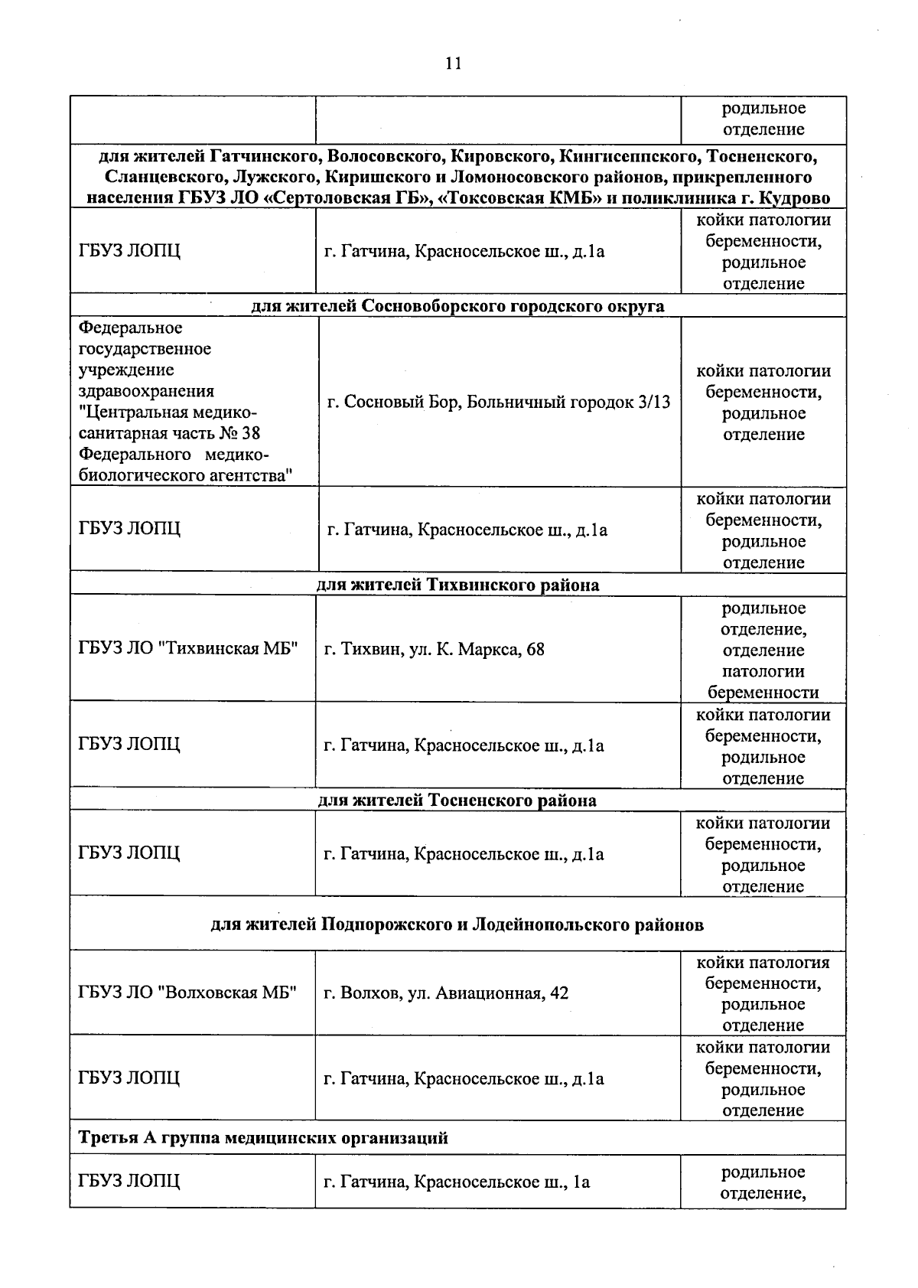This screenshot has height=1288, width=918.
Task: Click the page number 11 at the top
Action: click(x=453, y=64)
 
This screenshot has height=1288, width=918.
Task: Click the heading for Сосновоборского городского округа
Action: click(x=457, y=306)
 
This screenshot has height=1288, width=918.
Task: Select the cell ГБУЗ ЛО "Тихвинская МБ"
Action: click(x=187, y=649)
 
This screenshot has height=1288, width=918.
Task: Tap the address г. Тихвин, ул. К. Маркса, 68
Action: click(x=434, y=650)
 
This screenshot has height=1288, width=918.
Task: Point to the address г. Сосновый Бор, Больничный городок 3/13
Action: click(x=498, y=402)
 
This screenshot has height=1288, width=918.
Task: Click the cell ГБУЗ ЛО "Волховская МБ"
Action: click(x=187, y=993)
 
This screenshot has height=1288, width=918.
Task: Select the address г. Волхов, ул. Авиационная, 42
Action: click(x=446, y=993)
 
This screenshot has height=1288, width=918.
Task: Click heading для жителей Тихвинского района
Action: click(x=457, y=585)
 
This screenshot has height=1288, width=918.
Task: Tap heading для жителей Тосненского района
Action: click(x=457, y=801)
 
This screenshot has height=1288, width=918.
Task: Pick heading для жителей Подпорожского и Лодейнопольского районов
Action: click(x=457, y=924)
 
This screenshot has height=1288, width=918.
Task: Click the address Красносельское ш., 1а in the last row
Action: click(x=502, y=1182)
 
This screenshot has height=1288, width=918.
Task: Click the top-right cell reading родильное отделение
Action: click(x=763, y=119)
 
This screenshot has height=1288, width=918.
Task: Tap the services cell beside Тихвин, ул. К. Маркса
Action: click(x=763, y=650)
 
